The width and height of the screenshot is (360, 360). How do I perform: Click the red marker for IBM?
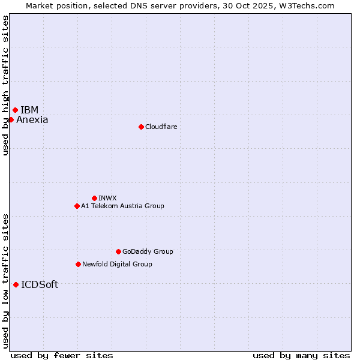tap(15, 110)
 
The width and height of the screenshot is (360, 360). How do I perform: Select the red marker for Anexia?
tap(11, 119)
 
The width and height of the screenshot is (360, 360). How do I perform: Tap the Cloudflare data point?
tap(141, 127)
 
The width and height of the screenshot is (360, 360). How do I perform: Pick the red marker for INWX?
tap(94, 198)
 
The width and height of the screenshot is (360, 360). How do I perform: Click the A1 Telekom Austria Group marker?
tap(77, 206)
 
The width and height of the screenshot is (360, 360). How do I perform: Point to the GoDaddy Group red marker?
tap(118, 251)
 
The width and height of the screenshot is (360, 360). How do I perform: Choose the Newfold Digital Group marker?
tap(78, 264)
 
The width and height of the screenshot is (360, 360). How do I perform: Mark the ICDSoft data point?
tap(16, 284)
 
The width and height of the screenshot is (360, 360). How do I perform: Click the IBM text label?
tap(29, 110)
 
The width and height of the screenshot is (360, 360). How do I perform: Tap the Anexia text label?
tap(32, 120)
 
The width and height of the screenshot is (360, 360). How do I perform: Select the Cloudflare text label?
tap(161, 127)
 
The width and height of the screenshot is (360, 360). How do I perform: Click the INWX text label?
tap(107, 198)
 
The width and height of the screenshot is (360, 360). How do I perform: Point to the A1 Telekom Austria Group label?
tap(122, 206)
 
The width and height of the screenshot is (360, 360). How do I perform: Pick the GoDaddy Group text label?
tap(148, 251)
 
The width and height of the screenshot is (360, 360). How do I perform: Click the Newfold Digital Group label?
tap(117, 264)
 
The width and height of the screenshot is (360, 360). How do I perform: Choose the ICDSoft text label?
tap(40, 285)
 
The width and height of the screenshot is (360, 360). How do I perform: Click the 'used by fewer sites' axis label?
tap(62, 355)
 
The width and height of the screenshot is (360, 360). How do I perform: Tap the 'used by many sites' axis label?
tap(301, 355)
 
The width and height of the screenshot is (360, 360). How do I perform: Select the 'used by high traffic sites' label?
tap(5, 85)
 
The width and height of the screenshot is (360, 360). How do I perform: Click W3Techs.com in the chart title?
tap(307, 5)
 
